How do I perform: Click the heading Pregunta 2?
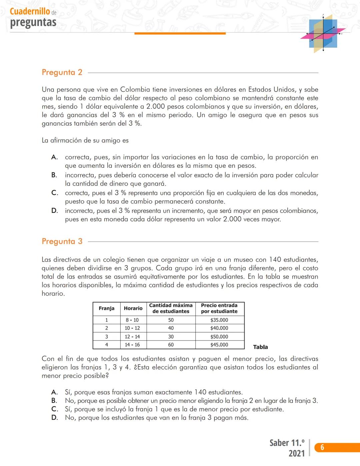[62, 72]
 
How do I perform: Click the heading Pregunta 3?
[62, 241]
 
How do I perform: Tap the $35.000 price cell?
[219, 320]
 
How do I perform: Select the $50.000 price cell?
[219, 337]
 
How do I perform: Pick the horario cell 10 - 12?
[132, 328]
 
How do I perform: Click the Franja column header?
[107, 308]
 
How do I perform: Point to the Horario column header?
[133, 308]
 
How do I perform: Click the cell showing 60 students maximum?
[171, 345]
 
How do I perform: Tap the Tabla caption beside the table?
[260, 347]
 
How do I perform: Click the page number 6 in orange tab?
[322, 447]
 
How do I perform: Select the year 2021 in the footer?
[296, 453]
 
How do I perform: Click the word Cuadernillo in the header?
[30, 11]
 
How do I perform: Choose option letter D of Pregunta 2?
[54, 210]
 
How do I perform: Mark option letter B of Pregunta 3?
[54, 401]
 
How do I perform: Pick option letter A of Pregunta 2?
[54, 157]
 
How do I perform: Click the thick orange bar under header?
[180, 33]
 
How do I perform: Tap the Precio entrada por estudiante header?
[219, 308]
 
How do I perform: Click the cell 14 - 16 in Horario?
[132, 345]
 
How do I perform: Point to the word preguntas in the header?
[33, 22]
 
